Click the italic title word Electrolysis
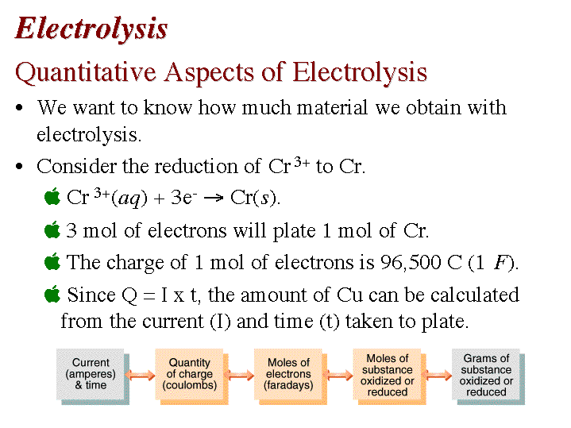(x=91, y=29)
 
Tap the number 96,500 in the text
(x=411, y=262)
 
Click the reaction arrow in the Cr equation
(x=214, y=199)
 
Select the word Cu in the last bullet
(x=349, y=295)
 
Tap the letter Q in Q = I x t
(x=129, y=295)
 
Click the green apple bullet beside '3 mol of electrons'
(x=52, y=229)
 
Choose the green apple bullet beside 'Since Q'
(x=52, y=294)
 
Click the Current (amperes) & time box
(x=93, y=376)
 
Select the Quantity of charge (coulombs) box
(x=192, y=376)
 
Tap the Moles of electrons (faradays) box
(x=291, y=376)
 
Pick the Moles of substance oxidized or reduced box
(x=389, y=376)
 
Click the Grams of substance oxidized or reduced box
(x=488, y=376)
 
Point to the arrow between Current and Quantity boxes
(x=140, y=375)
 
